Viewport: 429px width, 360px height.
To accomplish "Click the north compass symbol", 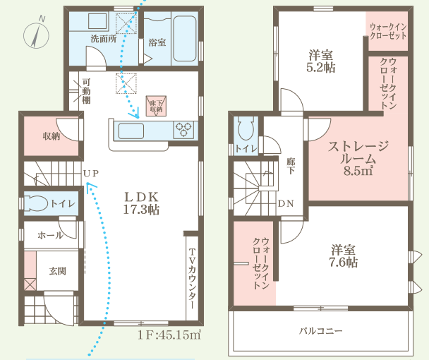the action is [36, 35].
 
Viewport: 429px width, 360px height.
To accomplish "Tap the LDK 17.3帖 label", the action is [141, 203].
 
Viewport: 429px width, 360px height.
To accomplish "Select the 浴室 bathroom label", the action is [157, 42].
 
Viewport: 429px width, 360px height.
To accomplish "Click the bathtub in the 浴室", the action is [185, 38].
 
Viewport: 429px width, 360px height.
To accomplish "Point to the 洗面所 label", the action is [104, 39].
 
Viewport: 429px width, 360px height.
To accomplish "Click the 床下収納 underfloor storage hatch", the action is [156, 106].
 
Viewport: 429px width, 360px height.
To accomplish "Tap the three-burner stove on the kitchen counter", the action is [183, 129].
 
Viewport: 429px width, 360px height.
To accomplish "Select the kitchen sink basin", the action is [131, 131].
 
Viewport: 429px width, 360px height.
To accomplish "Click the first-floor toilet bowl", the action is [35, 203].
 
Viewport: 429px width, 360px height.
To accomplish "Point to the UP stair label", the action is [91, 174].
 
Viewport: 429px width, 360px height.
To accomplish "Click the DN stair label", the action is [286, 203].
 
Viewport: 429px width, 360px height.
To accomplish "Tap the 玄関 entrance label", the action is [58, 271].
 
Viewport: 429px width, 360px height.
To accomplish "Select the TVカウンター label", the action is [193, 279].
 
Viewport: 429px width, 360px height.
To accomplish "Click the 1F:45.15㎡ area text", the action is [169, 335].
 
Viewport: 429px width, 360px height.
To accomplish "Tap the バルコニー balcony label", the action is [320, 331].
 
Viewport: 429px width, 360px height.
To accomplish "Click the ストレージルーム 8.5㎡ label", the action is [358, 158].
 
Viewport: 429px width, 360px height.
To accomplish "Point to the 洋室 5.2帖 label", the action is [321, 61].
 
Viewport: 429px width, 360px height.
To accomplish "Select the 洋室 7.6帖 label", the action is [344, 256].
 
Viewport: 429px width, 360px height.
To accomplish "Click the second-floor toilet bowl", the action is [246, 128].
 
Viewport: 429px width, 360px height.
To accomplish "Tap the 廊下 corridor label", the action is [291, 166].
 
